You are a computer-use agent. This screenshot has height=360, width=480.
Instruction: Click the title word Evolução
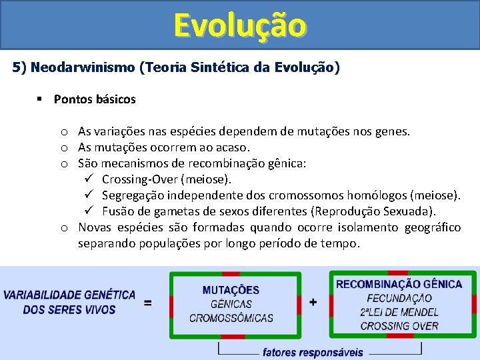pyautogui.click(x=240, y=25)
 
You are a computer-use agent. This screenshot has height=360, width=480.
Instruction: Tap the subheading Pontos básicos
pyautogui.click(x=95, y=99)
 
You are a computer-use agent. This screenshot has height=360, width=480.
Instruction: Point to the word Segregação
pyautogui.click(x=133, y=195)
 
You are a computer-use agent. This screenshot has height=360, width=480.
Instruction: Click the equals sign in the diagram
pyautogui.click(x=147, y=303)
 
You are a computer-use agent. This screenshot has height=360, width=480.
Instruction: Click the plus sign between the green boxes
pyautogui.click(x=313, y=303)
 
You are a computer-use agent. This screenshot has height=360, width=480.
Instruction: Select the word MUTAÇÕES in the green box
pyautogui.click(x=231, y=291)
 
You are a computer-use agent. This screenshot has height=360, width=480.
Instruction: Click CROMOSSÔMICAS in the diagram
pyautogui.click(x=231, y=318)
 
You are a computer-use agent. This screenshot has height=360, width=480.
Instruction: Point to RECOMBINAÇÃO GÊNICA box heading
pyautogui.click(x=399, y=285)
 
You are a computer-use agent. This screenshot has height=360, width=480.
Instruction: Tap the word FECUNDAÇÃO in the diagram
pyautogui.click(x=399, y=299)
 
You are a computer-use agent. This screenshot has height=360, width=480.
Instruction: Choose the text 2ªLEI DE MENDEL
pyautogui.click(x=399, y=312)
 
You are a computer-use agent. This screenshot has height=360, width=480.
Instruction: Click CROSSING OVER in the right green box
pyautogui.click(x=399, y=326)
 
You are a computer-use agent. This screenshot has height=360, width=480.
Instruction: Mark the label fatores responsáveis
pyautogui.click(x=313, y=351)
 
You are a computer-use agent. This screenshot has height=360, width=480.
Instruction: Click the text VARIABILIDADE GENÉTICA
pyautogui.click(x=69, y=295)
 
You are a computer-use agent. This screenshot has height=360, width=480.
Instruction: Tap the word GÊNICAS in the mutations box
pyautogui.click(x=231, y=305)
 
